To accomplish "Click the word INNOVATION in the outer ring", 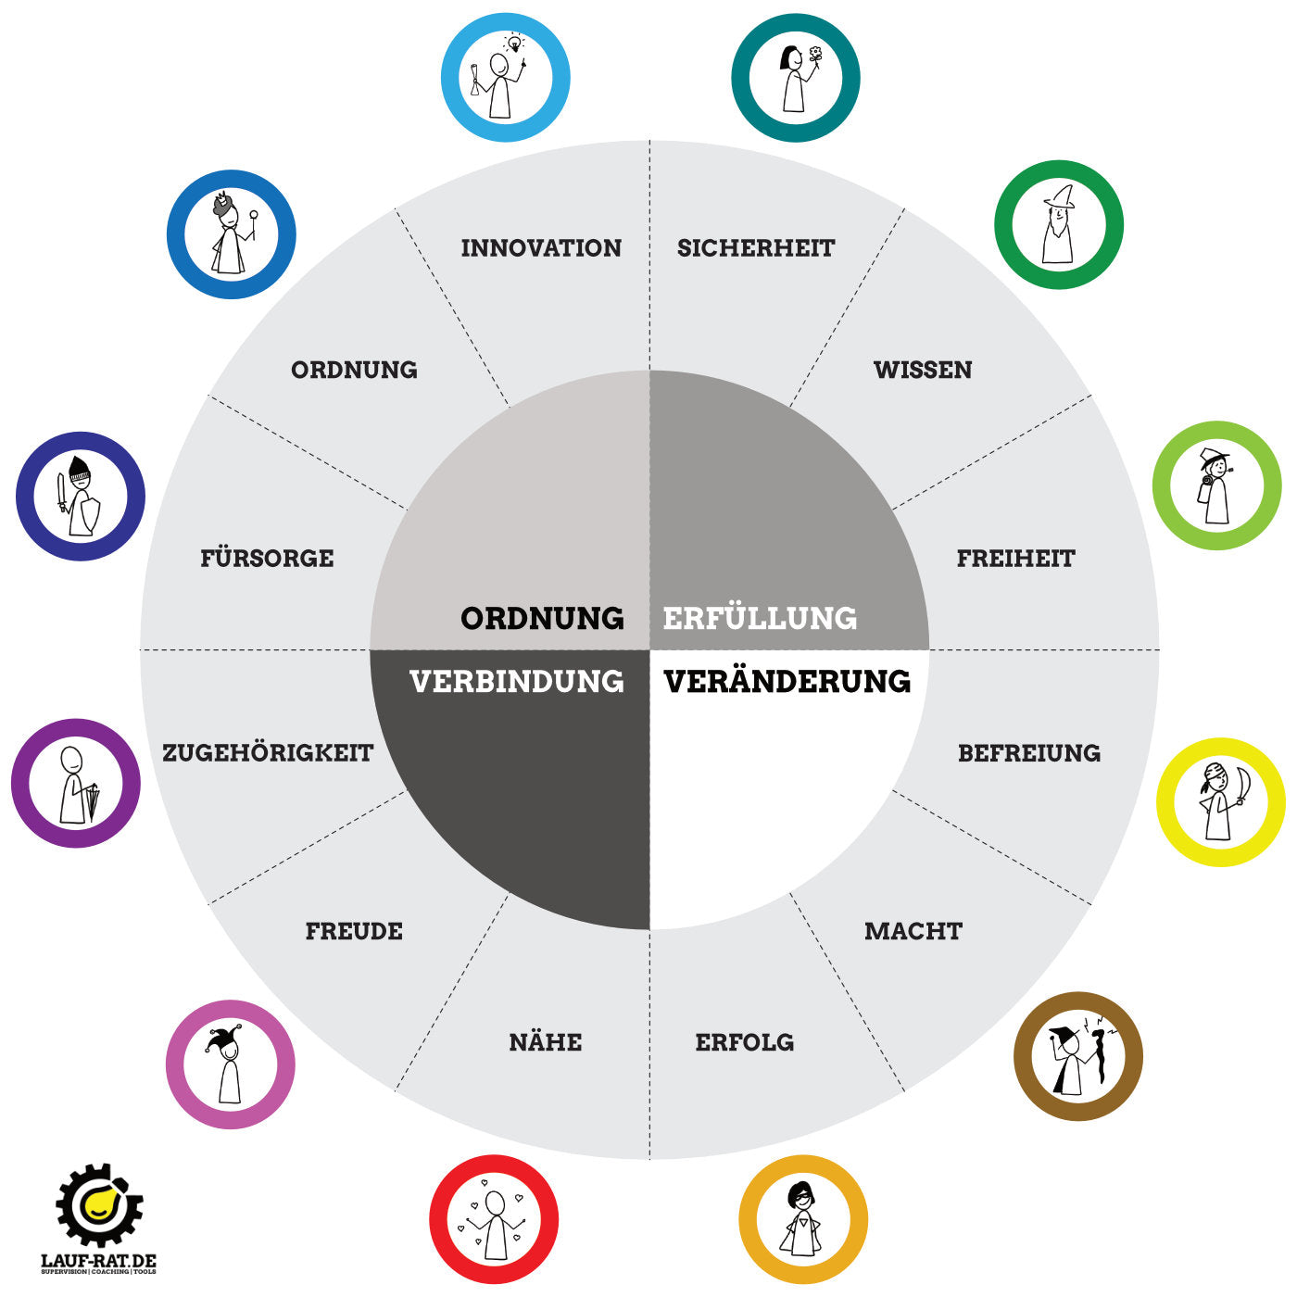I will tap(541, 248).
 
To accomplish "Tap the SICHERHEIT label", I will tap(756, 248).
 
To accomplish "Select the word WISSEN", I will tap(923, 370).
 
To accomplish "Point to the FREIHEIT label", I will tap(1015, 559).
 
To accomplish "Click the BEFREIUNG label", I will tap(1029, 752).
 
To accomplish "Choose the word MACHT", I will tap(913, 931).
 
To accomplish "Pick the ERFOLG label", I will tap(745, 1042).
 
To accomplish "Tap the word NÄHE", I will tap(546, 1042).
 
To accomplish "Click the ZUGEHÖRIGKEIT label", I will tap(268, 752).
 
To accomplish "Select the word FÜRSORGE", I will tap(267, 559).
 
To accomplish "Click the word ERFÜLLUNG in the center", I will tap(760, 618).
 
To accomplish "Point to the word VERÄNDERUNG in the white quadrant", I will tap(787, 682).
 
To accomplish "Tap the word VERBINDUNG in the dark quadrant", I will tap(517, 682).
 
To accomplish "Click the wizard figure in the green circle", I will tap(1058, 225).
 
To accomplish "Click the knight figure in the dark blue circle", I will tap(81, 496).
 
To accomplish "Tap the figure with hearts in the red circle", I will tap(495, 1221).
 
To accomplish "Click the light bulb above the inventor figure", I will tap(512, 42).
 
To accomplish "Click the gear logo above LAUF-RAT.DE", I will tap(98, 1204).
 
